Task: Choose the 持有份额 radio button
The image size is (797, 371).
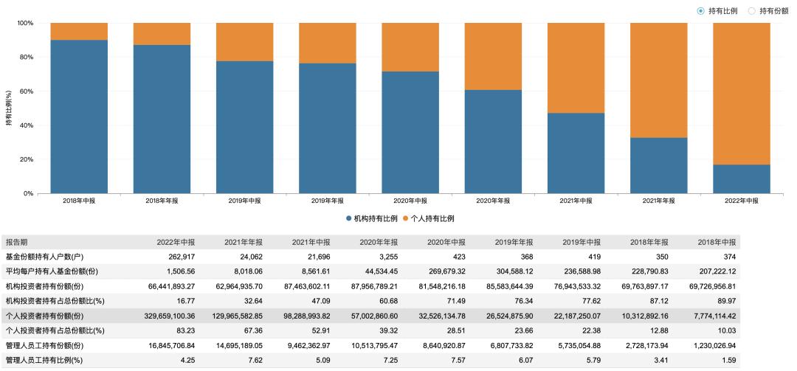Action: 752,11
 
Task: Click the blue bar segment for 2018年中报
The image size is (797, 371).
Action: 79,117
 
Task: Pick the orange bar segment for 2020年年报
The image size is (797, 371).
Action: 492,56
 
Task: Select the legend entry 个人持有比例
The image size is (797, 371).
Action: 427,218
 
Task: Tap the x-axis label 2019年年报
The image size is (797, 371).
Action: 327,201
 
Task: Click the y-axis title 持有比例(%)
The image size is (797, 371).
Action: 9,108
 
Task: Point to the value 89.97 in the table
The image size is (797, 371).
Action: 725,301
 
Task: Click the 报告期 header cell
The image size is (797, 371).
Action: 18,242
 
